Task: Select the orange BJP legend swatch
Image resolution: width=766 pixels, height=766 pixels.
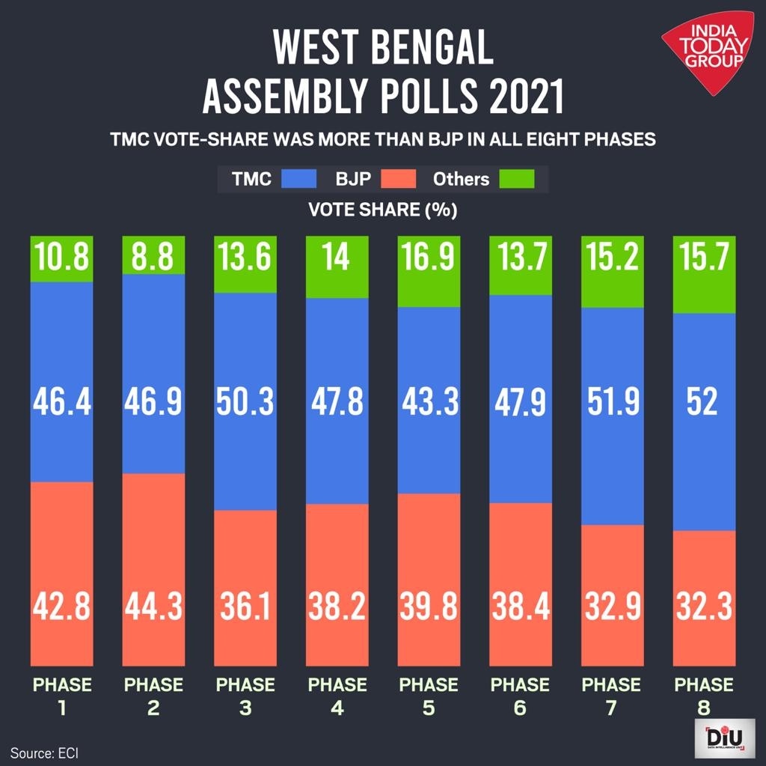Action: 398,180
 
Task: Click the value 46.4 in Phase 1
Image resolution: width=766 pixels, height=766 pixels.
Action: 61,402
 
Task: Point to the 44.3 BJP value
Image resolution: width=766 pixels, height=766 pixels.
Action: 153,607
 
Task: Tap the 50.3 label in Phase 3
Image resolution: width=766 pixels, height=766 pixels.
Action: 245,402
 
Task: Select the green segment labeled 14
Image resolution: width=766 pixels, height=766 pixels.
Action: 337,258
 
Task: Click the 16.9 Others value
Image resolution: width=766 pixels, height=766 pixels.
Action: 429,258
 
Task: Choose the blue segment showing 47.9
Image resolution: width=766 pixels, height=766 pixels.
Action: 521,402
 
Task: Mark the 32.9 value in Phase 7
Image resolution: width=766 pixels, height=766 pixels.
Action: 612,607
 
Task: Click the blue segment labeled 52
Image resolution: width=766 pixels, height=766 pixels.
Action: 704,402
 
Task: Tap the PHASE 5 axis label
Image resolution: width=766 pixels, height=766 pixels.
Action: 429,696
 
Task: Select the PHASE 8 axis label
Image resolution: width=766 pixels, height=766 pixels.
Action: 704,696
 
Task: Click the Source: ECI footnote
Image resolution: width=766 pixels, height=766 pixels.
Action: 44,752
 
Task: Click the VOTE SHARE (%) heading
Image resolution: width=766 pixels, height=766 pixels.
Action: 382,210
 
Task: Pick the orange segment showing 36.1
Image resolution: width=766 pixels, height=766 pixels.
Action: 245,607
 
